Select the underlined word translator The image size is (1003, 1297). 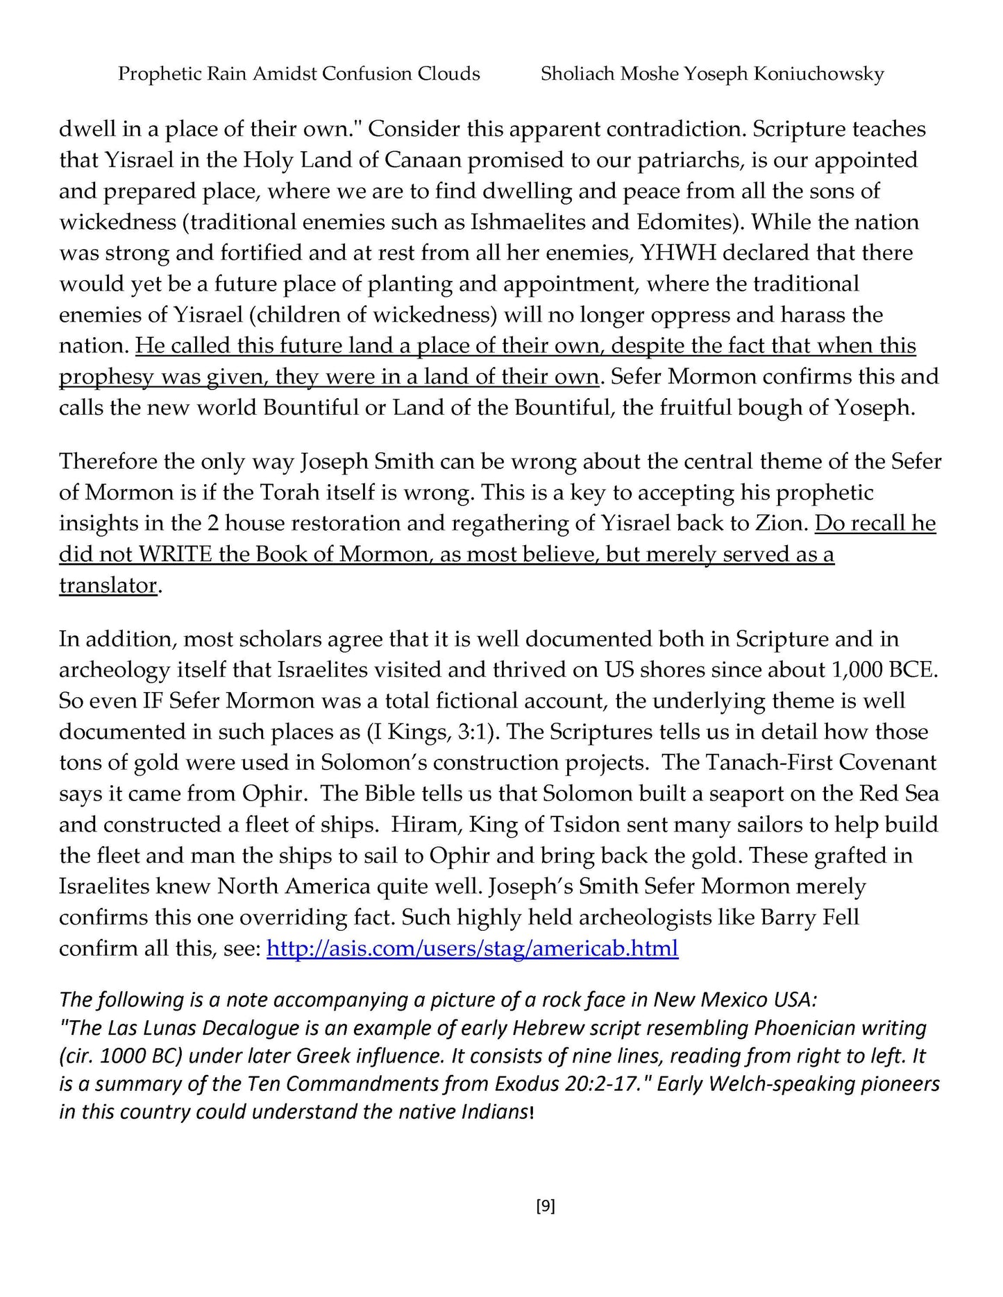click(x=108, y=585)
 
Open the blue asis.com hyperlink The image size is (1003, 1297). click(x=472, y=948)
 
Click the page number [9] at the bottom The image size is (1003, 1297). click(x=546, y=1207)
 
